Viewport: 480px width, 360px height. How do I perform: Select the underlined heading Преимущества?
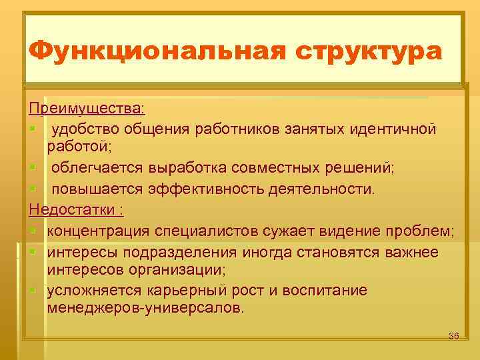[x=85, y=107]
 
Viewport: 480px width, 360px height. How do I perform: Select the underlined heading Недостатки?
[x=75, y=210]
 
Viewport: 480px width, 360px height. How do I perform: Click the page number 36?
[x=454, y=335]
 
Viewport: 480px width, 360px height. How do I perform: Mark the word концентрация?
[x=98, y=231]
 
